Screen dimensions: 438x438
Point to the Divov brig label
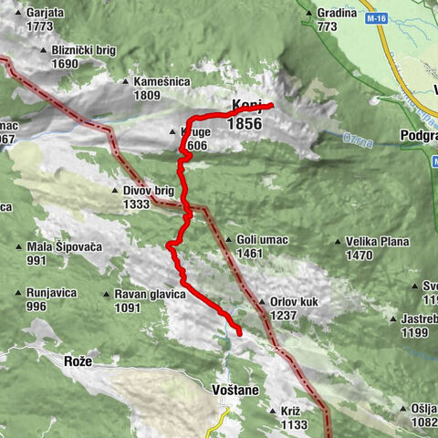click(x=147, y=192)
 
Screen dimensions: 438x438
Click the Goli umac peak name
click(x=262, y=240)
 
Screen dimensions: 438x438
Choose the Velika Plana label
click(x=377, y=242)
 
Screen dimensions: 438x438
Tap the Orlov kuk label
click(x=296, y=301)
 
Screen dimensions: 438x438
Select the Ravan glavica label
click(x=150, y=294)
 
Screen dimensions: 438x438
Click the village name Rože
click(x=78, y=362)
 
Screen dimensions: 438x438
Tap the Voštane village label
click(x=235, y=390)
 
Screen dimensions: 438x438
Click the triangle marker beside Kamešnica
click(x=124, y=82)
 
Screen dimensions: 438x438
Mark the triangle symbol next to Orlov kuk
click(x=260, y=301)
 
